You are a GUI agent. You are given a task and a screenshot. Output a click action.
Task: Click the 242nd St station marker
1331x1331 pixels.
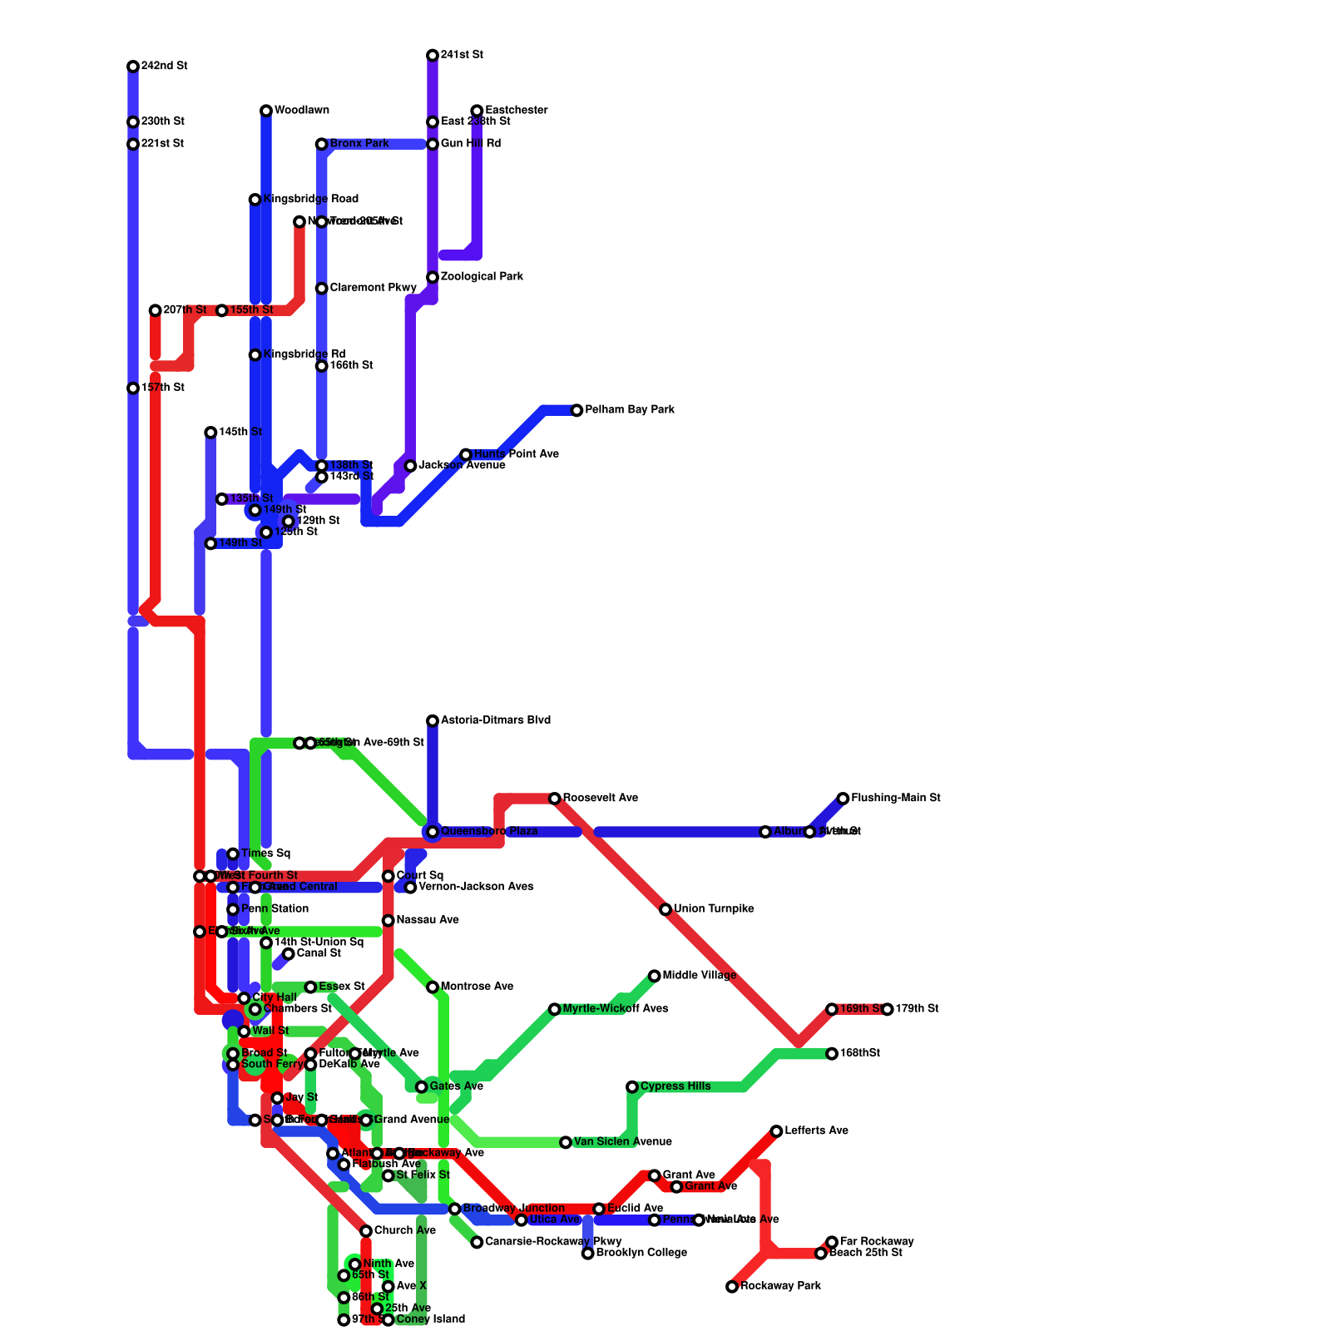pyautogui.click(x=133, y=67)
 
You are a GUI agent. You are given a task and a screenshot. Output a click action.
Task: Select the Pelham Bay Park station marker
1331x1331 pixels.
pyautogui.click(x=576, y=410)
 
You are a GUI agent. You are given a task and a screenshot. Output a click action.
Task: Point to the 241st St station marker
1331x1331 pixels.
pyautogui.click(x=433, y=56)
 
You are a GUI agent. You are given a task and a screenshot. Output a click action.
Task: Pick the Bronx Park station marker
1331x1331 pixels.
pyautogui.click(x=321, y=145)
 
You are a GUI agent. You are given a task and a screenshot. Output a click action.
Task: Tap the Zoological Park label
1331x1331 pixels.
pyautogui.click(x=482, y=277)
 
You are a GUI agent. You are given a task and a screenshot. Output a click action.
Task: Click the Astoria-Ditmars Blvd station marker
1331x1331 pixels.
pyautogui.click(x=433, y=721)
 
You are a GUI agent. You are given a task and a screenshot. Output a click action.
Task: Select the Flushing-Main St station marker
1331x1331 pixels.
pyautogui.click(x=843, y=799)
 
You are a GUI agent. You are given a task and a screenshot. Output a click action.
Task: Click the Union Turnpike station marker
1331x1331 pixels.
pyautogui.click(x=665, y=909)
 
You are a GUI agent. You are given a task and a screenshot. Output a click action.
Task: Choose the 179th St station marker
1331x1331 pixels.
pyautogui.click(x=888, y=1009)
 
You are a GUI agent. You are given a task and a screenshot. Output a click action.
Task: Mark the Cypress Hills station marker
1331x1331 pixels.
pyautogui.click(x=632, y=1087)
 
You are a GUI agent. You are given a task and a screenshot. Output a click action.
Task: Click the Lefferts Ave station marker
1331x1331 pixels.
pyautogui.click(x=776, y=1131)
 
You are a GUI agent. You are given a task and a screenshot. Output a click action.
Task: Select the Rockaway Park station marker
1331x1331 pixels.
pyautogui.click(x=732, y=1287)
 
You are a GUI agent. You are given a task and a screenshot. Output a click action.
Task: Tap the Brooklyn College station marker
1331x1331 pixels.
pyautogui.click(x=588, y=1254)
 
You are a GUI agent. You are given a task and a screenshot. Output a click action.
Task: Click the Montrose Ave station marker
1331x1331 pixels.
pyautogui.click(x=433, y=987)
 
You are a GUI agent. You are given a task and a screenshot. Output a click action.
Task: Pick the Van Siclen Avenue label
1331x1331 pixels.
pyautogui.click(x=622, y=1142)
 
